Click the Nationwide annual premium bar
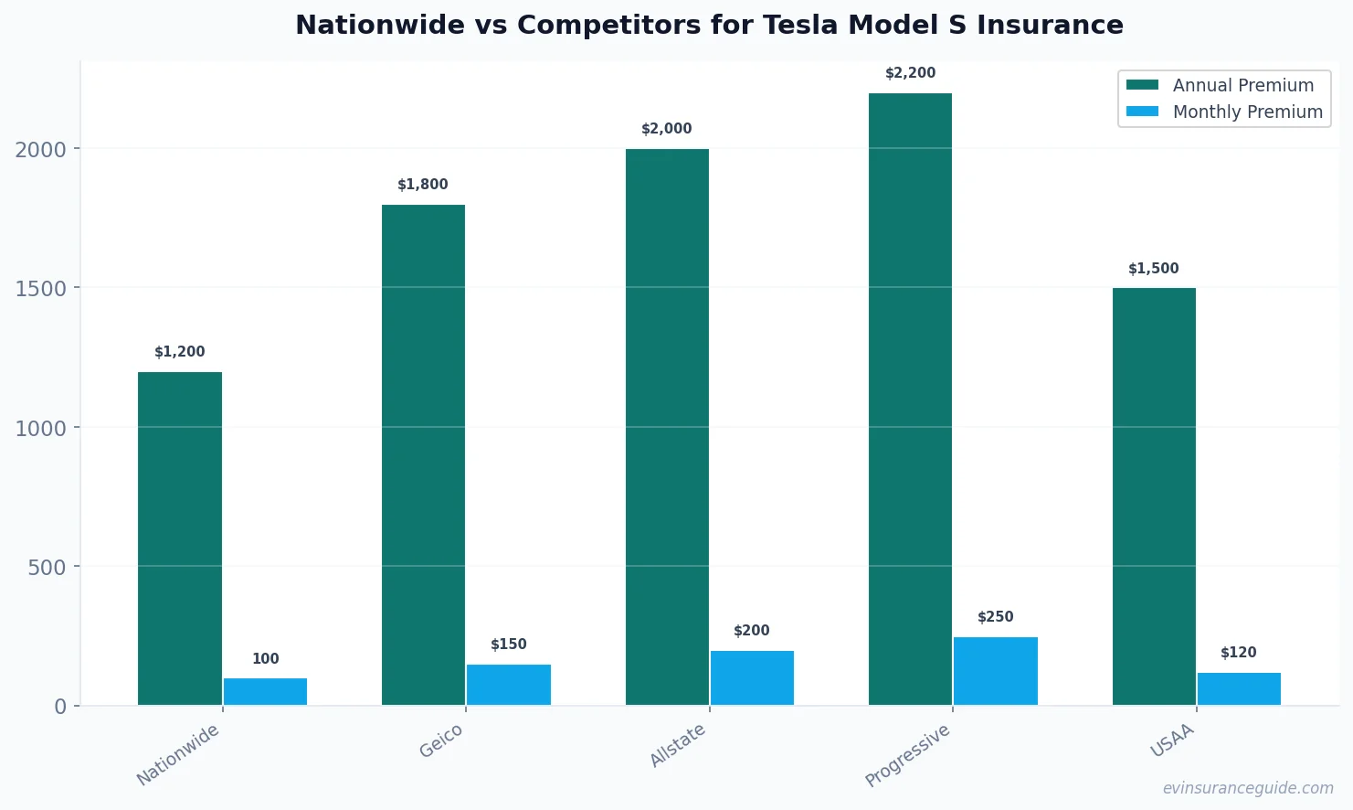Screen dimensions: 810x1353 point(180,538)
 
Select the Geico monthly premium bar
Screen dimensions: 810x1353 point(509,685)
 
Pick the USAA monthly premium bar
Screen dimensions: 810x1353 point(1239,688)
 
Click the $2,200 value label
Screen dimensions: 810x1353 point(910,73)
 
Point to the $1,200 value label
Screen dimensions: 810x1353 point(180,352)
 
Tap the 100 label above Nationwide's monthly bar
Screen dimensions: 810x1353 point(265,659)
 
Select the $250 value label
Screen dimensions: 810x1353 point(995,617)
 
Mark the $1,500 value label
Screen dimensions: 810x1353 point(1153,269)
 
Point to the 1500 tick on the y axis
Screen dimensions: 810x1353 point(41,289)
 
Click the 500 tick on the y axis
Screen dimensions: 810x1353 point(48,568)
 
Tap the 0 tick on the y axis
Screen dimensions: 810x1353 point(60,707)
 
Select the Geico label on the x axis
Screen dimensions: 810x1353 point(441,741)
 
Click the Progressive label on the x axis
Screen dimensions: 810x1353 point(907,755)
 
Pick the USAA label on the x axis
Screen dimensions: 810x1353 point(1172,741)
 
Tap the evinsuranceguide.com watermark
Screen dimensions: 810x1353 point(1248,788)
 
